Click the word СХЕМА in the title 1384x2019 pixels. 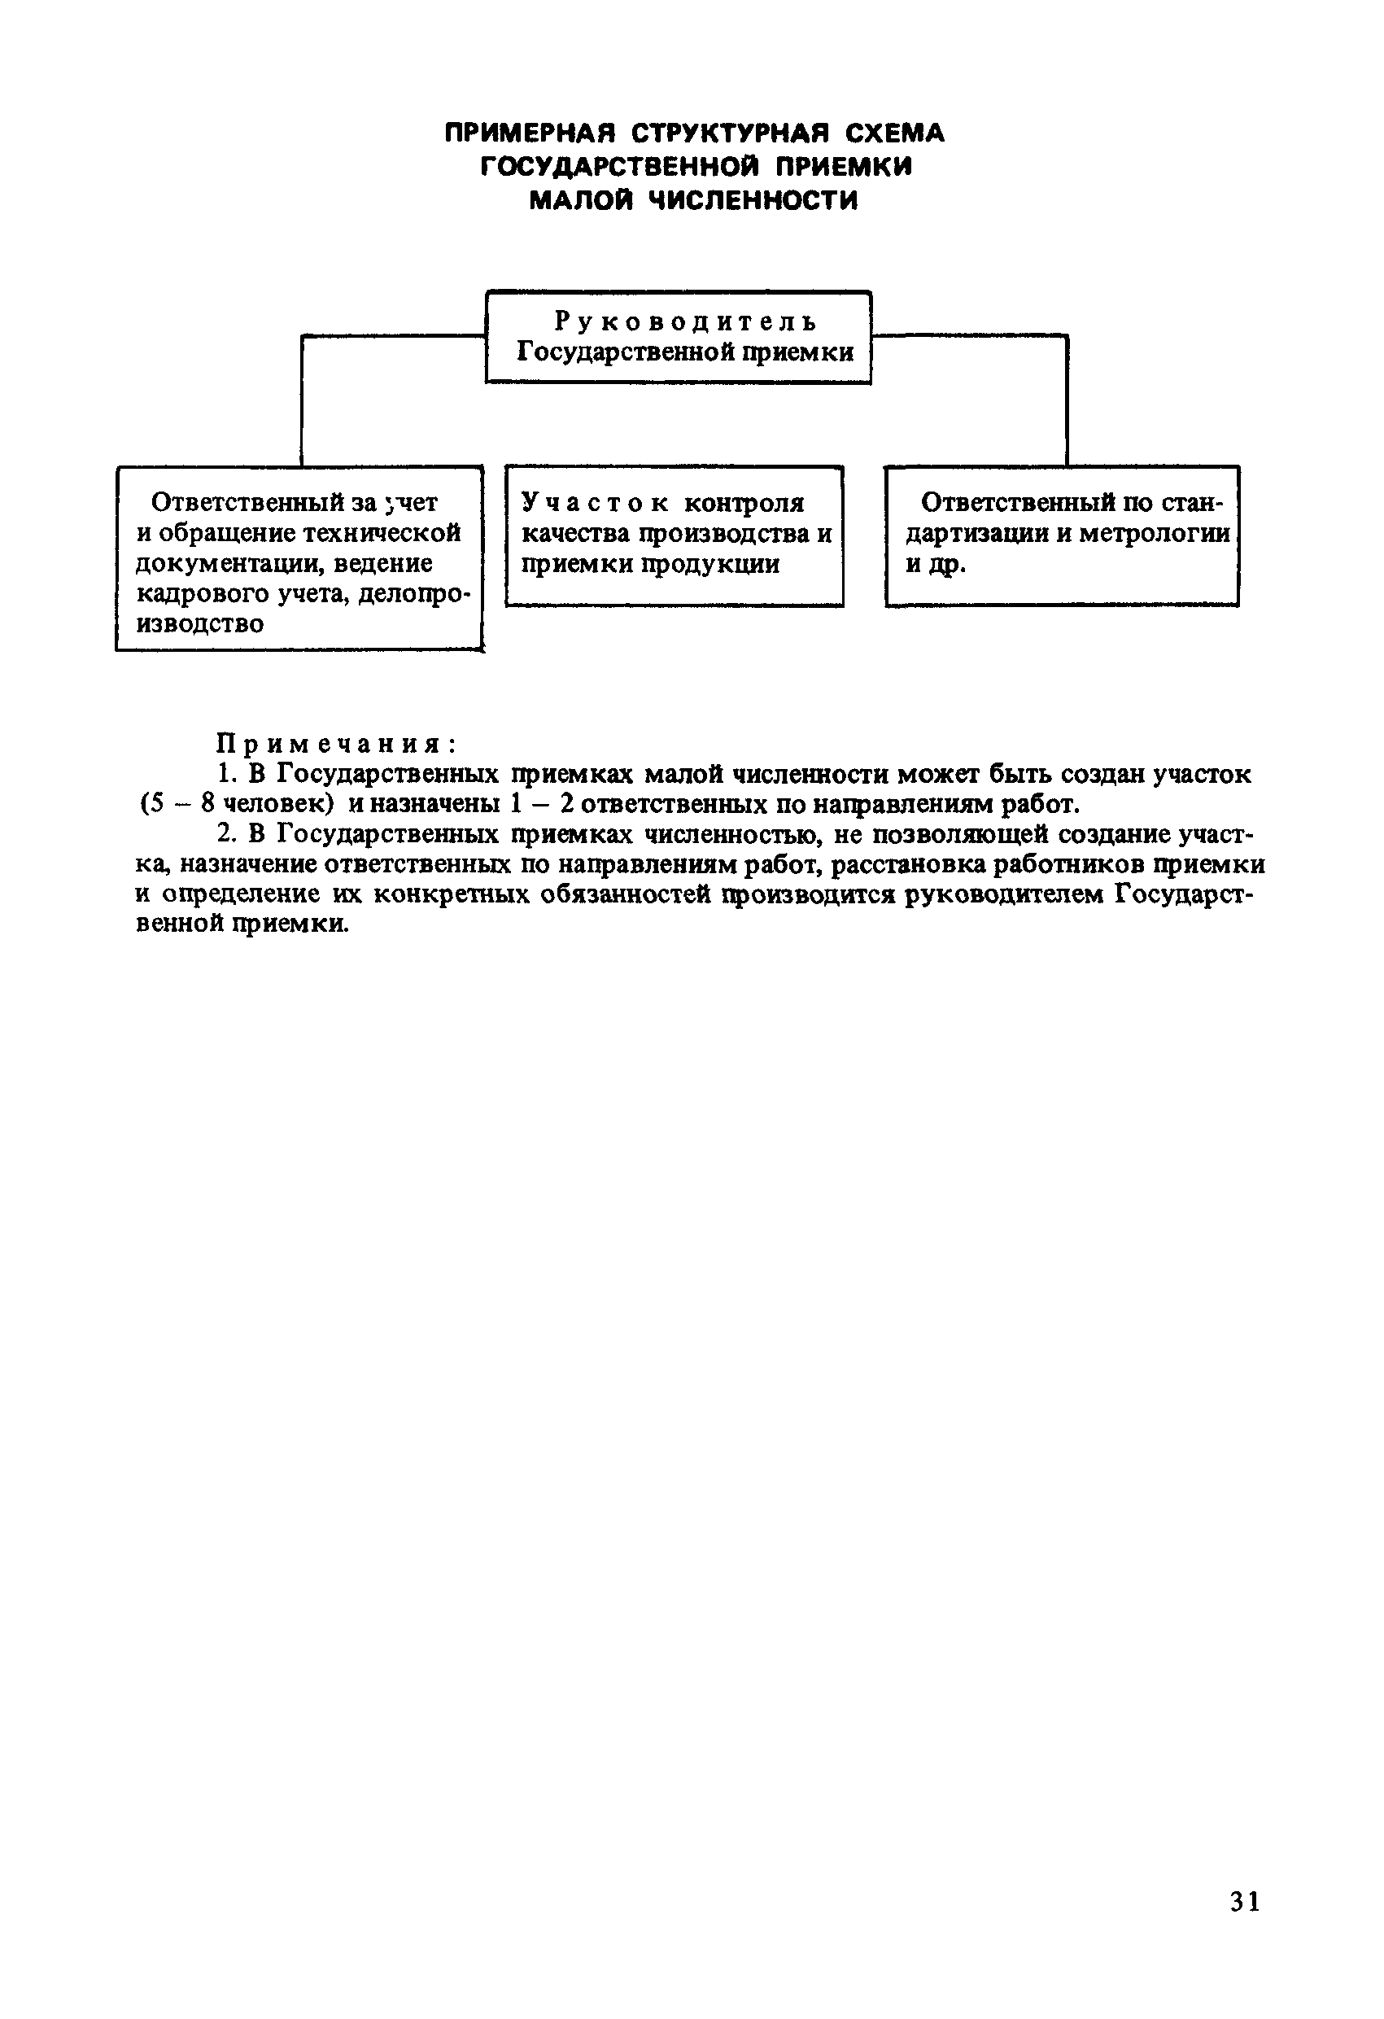894,133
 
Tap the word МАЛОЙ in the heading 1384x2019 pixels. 581,201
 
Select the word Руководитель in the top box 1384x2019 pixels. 685,322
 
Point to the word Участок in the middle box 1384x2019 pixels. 594,503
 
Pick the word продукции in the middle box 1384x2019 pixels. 710,564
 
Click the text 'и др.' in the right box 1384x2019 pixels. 936,564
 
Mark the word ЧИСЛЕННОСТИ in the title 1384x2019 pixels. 753,201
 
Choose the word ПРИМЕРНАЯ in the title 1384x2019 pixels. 530,133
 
